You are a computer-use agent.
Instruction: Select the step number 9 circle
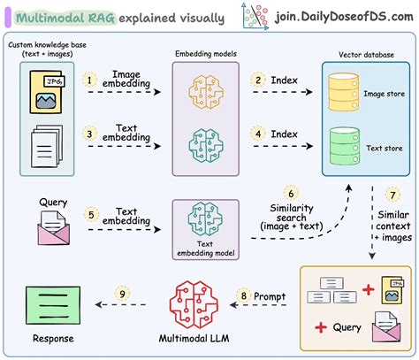pos(124,293)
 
